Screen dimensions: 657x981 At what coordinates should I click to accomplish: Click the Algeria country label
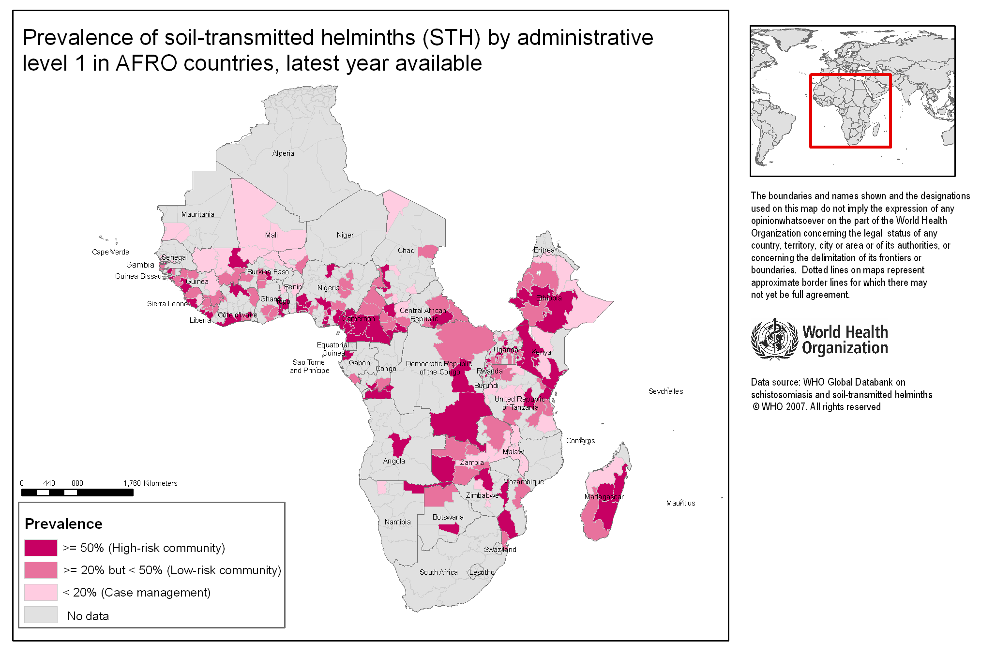283,153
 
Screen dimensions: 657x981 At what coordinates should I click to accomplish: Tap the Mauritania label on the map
197,214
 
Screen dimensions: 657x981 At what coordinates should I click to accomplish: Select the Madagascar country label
604,497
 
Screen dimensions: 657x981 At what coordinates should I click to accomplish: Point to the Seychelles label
665,391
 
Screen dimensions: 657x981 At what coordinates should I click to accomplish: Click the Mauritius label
680,503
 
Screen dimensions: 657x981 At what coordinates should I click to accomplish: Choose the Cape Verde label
110,252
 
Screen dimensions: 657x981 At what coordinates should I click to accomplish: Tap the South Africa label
438,572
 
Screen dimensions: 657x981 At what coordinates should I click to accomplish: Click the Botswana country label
448,517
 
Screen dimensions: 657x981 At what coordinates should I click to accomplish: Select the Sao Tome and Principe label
309,366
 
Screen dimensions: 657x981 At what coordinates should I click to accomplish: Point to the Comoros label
580,441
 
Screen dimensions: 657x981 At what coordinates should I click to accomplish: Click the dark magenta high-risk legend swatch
41,548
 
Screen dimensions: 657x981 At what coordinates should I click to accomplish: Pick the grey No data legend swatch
41,615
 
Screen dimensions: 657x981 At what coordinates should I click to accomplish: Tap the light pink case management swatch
41,592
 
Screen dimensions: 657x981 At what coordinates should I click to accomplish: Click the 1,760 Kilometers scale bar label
150,483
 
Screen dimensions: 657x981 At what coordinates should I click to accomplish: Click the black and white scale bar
77,493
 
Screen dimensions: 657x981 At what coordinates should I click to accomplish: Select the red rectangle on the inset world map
850,75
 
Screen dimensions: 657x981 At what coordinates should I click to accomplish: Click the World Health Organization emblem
774,339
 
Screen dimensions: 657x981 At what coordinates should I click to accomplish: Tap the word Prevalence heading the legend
63,524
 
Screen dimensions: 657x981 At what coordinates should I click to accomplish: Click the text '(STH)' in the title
451,38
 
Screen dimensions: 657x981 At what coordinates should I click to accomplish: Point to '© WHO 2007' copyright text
780,407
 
